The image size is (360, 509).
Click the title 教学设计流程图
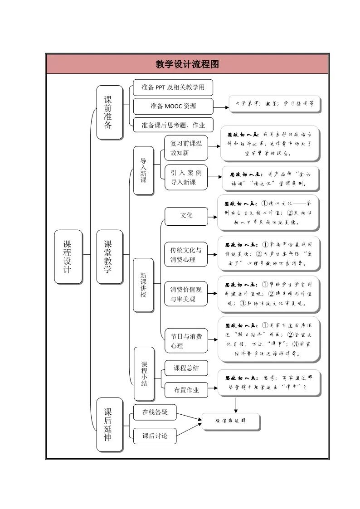pyautogui.click(x=187, y=64)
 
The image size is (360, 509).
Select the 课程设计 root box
pyautogui.click(x=68, y=257)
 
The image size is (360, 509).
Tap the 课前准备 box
pyautogui.click(x=109, y=112)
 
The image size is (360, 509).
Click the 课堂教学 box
pyautogui.click(x=109, y=257)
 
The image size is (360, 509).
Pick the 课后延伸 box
pyautogui.click(x=109, y=424)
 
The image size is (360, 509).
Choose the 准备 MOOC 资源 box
pyautogui.click(x=173, y=106)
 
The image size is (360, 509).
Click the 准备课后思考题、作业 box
pyautogui.click(x=173, y=125)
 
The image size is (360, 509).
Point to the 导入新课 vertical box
pyautogui.click(x=143, y=170)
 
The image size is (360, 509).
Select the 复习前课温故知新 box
pyautogui.click(x=186, y=148)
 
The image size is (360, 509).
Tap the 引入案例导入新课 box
pyautogui.click(x=186, y=178)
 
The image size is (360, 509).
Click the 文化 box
pyautogui.click(x=186, y=216)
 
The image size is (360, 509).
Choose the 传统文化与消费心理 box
pyautogui.click(x=186, y=254)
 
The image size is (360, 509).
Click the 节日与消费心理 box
pyautogui.click(x=186, y=341)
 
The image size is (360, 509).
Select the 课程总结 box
pyautogui.click(x=186, y=368)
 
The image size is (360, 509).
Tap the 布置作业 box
pyautogui.click(x=186, y=390)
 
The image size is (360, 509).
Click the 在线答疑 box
pyautogui.click(x=155, y=412)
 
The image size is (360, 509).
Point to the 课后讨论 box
pyautogui.click(x=155, y=436)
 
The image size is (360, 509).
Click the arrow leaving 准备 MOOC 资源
pyautogui.click(x=221, y=107)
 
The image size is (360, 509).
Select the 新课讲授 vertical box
pyautogui.click(x=143, y=285)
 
